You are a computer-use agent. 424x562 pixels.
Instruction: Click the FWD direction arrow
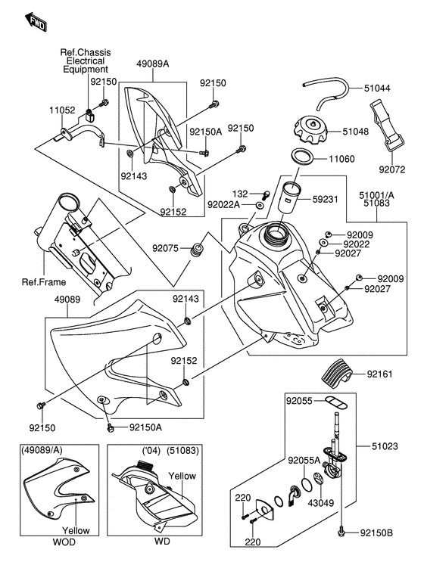pos(35,23)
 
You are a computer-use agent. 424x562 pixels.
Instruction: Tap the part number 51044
pos(377,88)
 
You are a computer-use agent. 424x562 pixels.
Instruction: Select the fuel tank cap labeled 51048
pos(311,132)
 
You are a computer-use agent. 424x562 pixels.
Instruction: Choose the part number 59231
pos(325,199)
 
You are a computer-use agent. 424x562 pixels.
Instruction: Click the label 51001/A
pos(376,195)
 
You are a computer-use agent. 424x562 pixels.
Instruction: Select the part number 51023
pos(385,446)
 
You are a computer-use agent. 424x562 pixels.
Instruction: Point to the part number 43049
pos(321,503)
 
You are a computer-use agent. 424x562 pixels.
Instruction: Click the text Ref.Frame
pos(44,282)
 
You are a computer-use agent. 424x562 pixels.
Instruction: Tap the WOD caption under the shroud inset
pos(64,542)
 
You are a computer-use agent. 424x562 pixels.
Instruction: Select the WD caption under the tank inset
pos(162,542)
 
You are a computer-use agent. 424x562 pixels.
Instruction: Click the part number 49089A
pos(153,64)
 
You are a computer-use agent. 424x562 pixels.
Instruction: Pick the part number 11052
pos(62,110)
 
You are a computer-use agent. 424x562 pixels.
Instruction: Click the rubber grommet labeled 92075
pos(197,250)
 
